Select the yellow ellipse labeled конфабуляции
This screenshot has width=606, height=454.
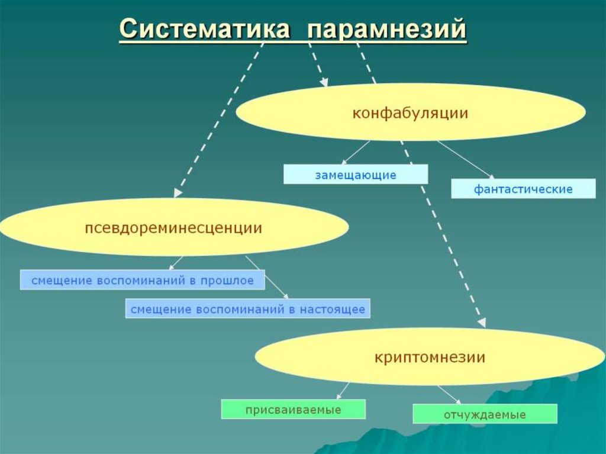click(411, 112)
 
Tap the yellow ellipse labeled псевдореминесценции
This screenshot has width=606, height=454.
click(174, 228)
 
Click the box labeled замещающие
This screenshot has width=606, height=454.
click(355, 175)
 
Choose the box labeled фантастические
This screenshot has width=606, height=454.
click(523, 189)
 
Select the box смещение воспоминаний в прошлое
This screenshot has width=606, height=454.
click(142, 281)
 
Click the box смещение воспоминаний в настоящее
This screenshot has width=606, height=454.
click(247, 309)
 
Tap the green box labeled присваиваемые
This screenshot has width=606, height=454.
click(293, 410)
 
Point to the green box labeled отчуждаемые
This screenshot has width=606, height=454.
click(485, 414)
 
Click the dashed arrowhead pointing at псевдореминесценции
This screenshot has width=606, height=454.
click(178, 193)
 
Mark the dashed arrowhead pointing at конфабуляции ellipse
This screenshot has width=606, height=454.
click(324, 83)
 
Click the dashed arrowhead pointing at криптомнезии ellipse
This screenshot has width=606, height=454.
click(482, 323)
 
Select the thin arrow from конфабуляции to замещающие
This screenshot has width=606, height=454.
click(356, 152)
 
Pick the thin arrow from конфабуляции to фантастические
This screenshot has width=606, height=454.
click(466, 159)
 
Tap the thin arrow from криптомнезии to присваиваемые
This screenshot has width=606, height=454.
click(343, 390)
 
